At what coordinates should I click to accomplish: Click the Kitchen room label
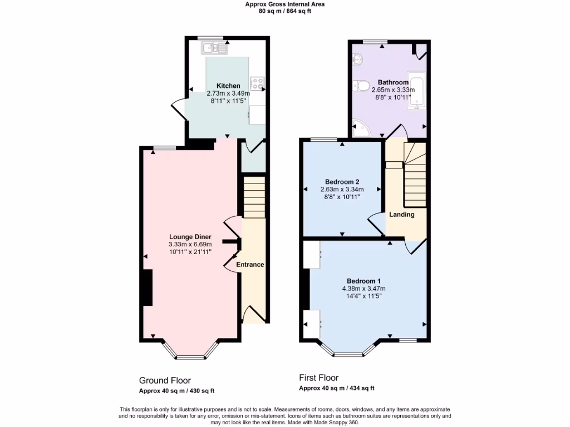(228, 86)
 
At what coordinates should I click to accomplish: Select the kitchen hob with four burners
(258, 83)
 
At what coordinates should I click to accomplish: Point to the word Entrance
(250, 265)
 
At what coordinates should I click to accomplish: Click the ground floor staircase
(255, 197)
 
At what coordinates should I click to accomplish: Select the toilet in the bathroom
(361, 85)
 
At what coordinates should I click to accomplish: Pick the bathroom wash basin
(357, 58)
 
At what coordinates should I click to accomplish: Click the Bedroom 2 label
(342, 182)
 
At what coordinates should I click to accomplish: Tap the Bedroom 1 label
(363, 281)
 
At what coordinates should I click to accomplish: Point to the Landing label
(401, 215)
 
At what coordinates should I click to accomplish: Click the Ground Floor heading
(165, 380)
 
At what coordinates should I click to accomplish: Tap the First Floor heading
(319, 378)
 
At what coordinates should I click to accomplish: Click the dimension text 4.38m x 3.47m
(363, 289)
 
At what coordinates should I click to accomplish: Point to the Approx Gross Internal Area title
(285, 4)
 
